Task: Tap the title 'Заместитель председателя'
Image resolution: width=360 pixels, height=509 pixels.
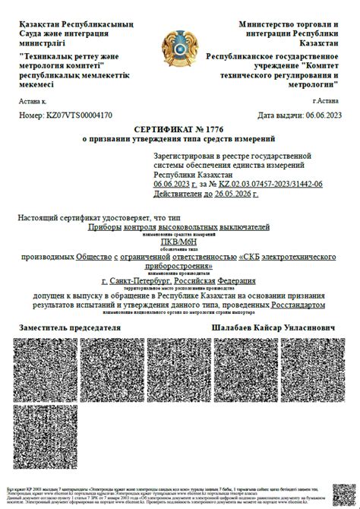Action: coord(70,327)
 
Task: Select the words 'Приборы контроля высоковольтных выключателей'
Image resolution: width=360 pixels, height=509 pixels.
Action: coord(179,227)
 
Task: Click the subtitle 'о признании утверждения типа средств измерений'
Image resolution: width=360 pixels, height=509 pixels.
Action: coord(179,140)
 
